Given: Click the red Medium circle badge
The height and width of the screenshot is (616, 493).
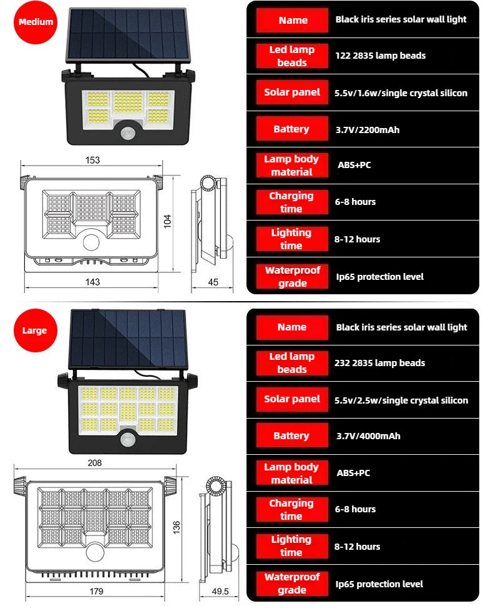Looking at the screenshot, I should point(36,22).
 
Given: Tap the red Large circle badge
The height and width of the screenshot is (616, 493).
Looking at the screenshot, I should point(34,330).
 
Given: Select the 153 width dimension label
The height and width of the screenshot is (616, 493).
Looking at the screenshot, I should point(92,161).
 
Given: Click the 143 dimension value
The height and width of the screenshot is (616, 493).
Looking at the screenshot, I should point(92,282).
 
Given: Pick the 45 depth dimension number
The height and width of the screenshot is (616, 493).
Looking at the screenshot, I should point(213,282).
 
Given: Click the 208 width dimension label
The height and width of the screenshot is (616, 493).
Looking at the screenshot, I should point(95,463).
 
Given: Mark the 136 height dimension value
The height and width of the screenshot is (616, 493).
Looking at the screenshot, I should point(177,528).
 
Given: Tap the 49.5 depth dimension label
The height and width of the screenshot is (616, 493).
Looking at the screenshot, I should point(220,590).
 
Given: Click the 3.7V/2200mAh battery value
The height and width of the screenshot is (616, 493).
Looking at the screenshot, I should point(367,130).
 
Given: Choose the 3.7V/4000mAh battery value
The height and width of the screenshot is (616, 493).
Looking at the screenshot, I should point(368,436).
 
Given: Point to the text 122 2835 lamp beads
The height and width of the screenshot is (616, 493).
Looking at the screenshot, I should point(380,56).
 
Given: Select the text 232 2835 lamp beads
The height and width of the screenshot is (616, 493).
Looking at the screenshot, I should point(379,363).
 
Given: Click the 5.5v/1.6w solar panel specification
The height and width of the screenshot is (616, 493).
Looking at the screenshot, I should point(401,93).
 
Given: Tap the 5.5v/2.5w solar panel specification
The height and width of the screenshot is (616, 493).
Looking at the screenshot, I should point(401,400).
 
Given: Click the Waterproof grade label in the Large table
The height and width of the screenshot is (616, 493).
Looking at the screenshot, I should point(291,584).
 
